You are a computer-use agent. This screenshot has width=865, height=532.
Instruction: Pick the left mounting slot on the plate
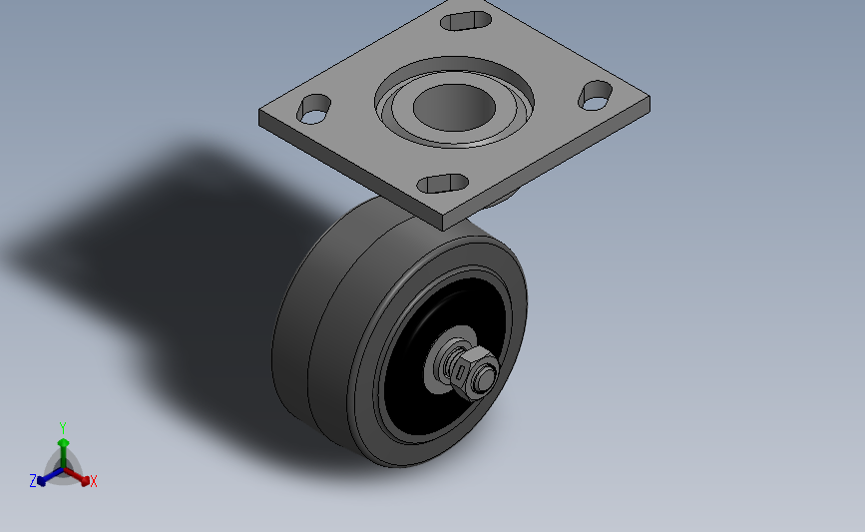point(315,108)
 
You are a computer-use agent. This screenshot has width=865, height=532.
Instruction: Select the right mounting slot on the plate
point(596,96)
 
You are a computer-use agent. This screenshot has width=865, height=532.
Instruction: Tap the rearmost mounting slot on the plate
point(467,19)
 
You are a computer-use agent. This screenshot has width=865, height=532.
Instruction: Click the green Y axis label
point(62,428)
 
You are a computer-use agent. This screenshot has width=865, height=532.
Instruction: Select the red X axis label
point(94,481)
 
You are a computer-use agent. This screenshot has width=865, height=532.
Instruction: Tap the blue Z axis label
point(33,481)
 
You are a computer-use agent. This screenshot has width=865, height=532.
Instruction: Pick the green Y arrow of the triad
point(63,446)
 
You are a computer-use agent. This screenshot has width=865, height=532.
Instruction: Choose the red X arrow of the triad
point(82,476)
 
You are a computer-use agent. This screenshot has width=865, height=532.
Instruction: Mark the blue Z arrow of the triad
point(45,477)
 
